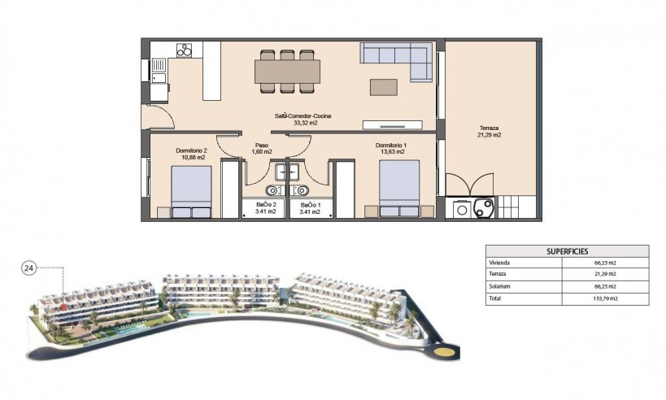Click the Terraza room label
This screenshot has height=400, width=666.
click(490, 128)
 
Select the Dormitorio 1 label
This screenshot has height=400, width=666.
click(391, 146)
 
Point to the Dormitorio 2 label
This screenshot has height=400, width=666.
click(192, 150)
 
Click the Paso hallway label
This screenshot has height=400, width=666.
click(262, 146)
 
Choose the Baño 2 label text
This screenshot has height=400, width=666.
click(266, 205)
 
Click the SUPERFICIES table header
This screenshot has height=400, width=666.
click(567, 252)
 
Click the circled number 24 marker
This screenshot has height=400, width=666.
click(28, 267)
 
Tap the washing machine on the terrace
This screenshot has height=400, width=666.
click(462, 208)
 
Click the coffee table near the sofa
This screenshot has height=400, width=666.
click(384, 86)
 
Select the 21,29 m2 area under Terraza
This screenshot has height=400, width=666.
click(490, 135)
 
